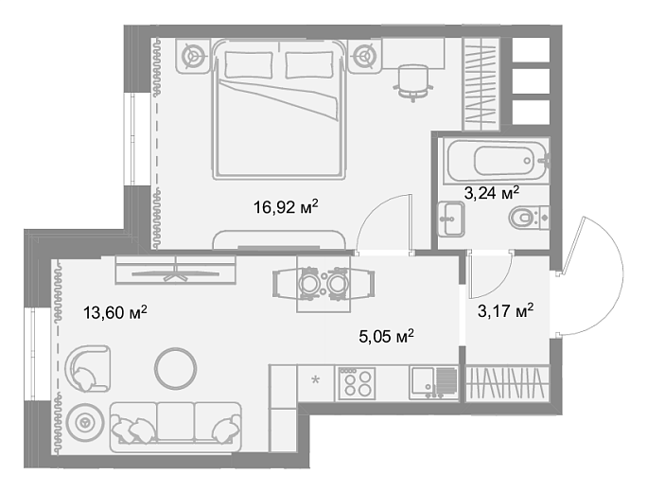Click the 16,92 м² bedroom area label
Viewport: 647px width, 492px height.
point(286,207)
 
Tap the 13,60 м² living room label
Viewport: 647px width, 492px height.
point(115,312)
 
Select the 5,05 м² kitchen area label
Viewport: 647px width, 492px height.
point(387,337)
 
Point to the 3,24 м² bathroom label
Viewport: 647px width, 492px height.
point(492,193)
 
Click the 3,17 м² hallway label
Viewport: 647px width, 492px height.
point(505,310)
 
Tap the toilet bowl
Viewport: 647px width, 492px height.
point(529,218)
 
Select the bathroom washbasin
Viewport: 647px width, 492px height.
point(451,219)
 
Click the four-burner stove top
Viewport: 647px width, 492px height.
point(357,383)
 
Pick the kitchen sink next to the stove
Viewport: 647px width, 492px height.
point(433,383)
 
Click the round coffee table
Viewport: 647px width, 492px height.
point(175,368)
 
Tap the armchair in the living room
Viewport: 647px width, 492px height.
point(87,369)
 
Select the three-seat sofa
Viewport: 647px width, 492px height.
point(175,428)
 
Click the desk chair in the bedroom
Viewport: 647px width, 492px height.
point(413,82)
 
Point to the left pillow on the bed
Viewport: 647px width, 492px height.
point(249,64)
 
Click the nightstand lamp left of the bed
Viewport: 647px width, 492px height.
point(193,55)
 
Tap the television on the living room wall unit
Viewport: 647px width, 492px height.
point(175,272)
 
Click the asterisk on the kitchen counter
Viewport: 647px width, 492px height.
point(315,379)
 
